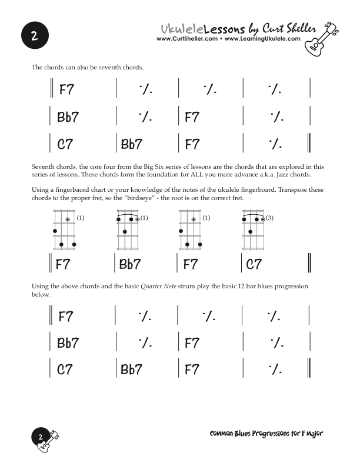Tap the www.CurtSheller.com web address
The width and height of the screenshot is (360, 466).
pyautogui.click(x=187, y=39)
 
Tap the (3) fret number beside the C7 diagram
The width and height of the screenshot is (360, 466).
pyautogui.click(x=269, y=218)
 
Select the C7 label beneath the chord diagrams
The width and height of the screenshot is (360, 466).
pyautogui.click(x=254, y=264)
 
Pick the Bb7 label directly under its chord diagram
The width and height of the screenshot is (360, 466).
pyautogui.click(x=130, y=264)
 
